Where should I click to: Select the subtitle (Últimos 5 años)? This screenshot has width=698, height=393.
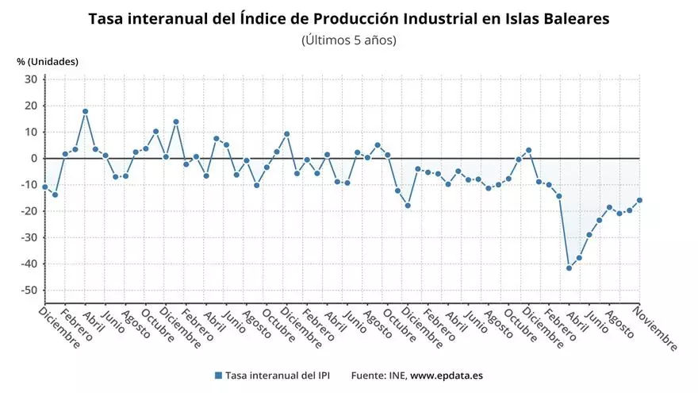click(x=349, y=40)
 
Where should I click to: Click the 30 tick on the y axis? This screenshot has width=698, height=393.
click(x=31, y=79)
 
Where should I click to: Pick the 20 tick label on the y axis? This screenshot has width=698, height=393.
click(x=31, y=106)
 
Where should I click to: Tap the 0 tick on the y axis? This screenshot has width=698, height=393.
click(x=34, y=159)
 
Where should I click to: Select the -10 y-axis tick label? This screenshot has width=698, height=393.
click(x=29, y=185)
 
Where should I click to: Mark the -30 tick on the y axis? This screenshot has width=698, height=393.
click(x=29, y=237)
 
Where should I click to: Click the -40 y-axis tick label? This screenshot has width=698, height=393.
click(x=29, y=264)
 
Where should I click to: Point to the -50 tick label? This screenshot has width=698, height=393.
click(x=29, y=291)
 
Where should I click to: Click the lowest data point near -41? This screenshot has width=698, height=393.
click(x=569, y=268)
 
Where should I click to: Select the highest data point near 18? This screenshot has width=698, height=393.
click(x=85, y=112)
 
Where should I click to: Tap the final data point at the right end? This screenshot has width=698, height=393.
click(x=639, y=200)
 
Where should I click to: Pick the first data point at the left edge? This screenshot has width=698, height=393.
click(x=45, y=187)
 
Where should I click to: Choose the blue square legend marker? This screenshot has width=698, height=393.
click(x=218, y=376)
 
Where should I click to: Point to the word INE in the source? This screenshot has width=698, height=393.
click(x=395, y=376)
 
